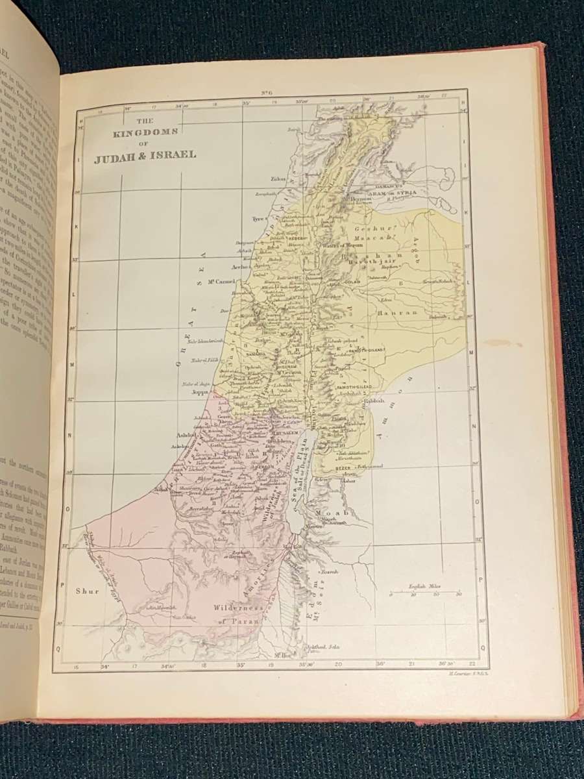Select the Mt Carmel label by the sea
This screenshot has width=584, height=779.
219,282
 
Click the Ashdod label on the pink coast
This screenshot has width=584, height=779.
186,436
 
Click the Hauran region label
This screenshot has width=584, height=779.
389,313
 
